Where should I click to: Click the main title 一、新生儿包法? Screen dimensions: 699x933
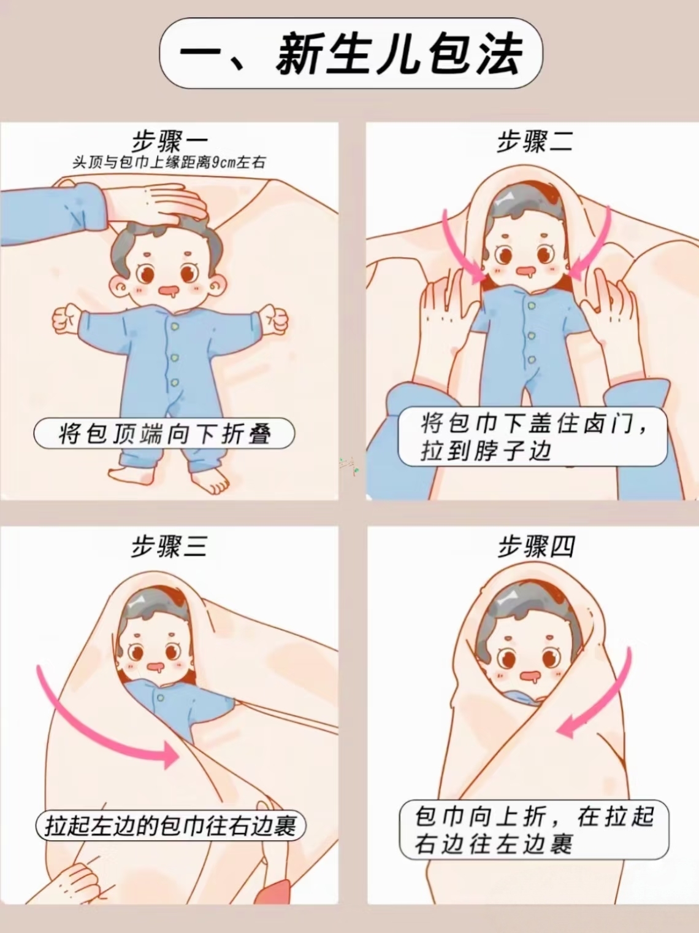(x=351, y=55)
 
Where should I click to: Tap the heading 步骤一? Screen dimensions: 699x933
(x=169, y=142)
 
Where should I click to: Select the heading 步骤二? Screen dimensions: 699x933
(x=535, y=142)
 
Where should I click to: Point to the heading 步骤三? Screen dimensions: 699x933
(x=169, y=546)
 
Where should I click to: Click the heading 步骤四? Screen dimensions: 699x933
(x=536, y=546)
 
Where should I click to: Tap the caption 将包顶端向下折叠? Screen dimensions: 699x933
(x=164, y=434)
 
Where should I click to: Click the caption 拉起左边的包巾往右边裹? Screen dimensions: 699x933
(x=170, y=826)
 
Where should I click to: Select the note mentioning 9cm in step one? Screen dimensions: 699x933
(x=169, y=163)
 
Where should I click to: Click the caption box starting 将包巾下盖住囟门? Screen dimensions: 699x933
(x=533, y=436)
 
